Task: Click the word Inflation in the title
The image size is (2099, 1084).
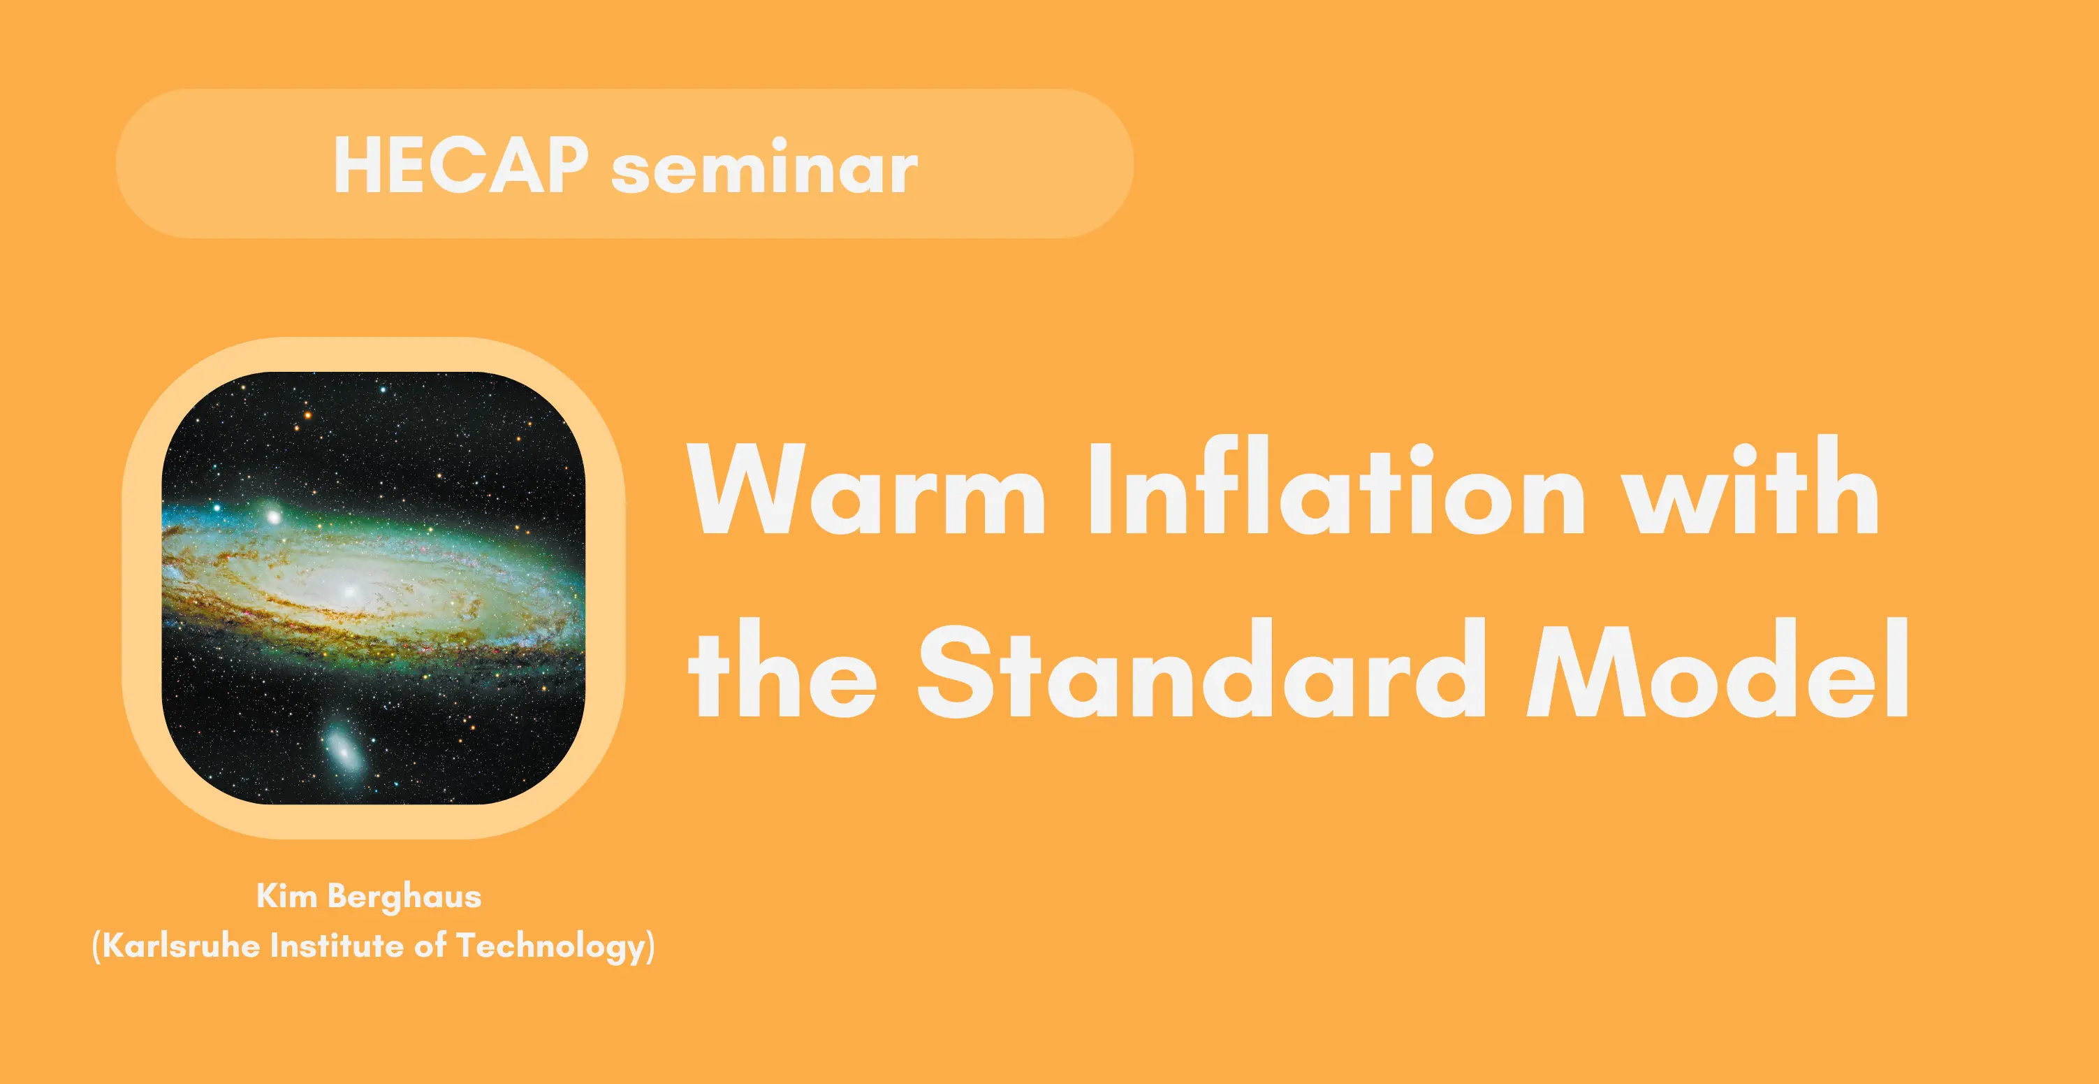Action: (x=1337, y=486)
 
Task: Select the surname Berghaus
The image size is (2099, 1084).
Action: (x=405, y=897)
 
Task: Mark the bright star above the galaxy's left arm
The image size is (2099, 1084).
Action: (x=273, y=516)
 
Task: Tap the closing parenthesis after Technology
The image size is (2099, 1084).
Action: (x=650, y=947)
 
